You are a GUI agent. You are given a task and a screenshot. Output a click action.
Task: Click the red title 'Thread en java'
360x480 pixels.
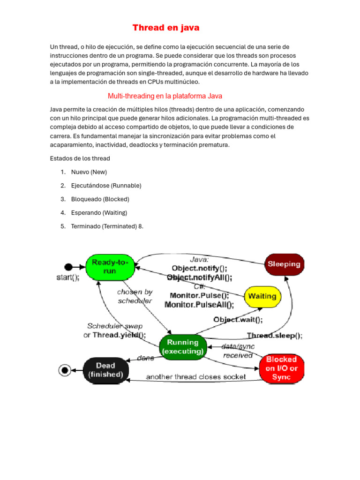tap(166, 28)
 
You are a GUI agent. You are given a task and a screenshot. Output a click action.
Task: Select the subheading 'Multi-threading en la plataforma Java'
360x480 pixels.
tap(165, 96)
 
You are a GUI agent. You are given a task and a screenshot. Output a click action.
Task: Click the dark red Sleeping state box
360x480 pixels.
tap(284, 264)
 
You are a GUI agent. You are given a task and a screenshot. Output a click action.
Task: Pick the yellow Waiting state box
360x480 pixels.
tap(262, 296)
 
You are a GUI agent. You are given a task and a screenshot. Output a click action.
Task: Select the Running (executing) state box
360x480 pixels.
tap(183, 347)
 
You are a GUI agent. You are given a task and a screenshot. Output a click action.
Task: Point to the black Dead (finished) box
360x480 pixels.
tap(106, 370)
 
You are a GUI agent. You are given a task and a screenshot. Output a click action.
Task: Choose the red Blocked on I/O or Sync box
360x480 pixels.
tap(282, 367)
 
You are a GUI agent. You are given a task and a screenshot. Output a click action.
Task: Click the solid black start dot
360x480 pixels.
tap(68, 267)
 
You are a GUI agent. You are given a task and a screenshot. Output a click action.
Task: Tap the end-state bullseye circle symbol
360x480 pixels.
tap(65, 370)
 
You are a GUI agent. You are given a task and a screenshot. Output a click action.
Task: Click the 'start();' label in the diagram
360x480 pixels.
tap(68, 277)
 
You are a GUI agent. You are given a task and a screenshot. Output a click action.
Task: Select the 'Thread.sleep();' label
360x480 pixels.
tap(275, 336)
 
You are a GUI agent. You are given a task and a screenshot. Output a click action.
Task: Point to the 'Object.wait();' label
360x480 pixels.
tap(238, 320)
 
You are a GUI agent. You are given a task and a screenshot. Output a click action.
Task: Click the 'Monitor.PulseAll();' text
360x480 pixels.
tap(199, 305)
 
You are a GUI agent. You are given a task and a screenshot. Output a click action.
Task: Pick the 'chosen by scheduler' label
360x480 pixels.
tap(135, 296)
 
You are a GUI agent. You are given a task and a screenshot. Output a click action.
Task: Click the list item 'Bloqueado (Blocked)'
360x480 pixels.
tap(100, 199)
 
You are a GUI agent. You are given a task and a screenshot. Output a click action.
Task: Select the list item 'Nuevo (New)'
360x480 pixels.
tap(89, 172)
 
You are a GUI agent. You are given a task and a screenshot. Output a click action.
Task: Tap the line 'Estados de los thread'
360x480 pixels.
tap(80, 158)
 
